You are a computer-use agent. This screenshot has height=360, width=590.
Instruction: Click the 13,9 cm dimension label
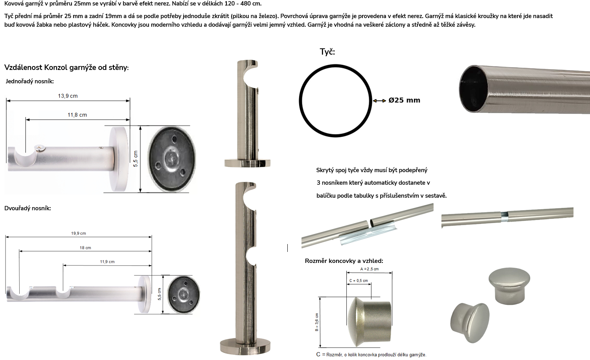68,96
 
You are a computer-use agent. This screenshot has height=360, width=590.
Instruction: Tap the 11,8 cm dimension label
77,115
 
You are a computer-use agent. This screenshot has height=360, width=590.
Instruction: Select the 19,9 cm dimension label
79,233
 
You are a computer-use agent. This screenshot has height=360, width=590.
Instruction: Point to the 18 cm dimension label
85,248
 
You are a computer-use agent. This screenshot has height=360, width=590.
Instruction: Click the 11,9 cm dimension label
107,262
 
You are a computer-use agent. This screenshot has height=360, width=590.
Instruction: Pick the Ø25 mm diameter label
404,100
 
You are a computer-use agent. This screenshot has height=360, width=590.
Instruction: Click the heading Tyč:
327,51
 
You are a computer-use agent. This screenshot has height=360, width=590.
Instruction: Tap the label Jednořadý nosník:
30,81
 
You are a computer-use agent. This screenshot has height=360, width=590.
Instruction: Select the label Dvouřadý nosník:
28,208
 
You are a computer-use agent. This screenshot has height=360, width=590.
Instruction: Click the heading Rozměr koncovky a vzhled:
344,261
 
